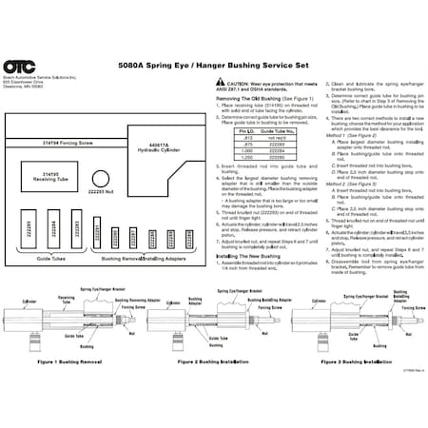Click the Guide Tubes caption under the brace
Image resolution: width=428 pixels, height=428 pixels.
pos(50,258)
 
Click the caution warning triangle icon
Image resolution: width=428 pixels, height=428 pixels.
pos(221,84)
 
